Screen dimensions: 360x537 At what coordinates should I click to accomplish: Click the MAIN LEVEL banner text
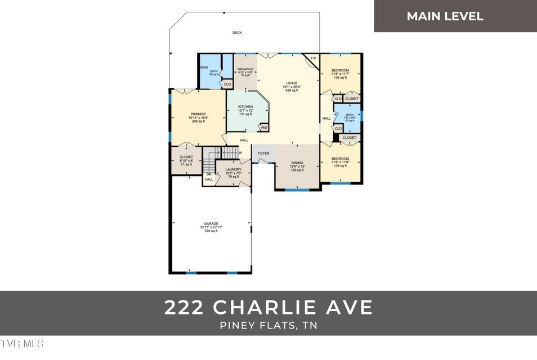(445, 16)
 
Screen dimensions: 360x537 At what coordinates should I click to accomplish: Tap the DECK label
(237, 33)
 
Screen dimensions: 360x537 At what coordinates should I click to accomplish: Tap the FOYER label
(263, 153)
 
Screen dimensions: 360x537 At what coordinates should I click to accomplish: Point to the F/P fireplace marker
(314, 58)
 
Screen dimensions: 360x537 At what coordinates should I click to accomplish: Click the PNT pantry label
(263, 128)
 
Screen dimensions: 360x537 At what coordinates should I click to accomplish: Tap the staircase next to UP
(227, 152)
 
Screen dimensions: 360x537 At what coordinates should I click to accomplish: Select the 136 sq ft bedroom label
(340, 74)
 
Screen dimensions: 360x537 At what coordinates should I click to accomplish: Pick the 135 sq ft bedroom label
(340, 162)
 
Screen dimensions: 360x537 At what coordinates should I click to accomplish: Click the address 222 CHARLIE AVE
(268, 308)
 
